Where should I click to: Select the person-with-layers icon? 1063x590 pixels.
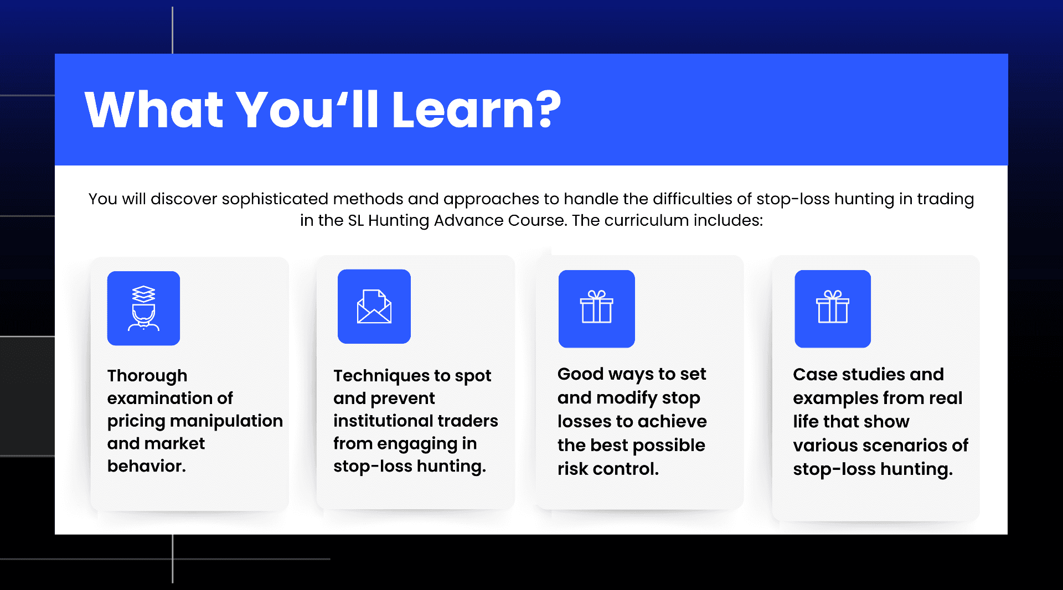pyautogui.click(x=143, y=308)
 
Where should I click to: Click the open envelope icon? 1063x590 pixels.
pyautogui.click(x=374, y=307)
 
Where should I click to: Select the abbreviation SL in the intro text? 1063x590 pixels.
pyautogui.click(x=355, y=220)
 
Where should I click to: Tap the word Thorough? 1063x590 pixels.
pyautogui.click(x=147, y=376)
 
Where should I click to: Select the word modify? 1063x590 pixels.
pyautogui.click(x=627, y=398)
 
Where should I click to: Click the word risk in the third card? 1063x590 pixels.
pyautogui.click(x=573, y=469)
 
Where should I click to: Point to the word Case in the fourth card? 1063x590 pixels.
pyautogui.click(x=815, y=375)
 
